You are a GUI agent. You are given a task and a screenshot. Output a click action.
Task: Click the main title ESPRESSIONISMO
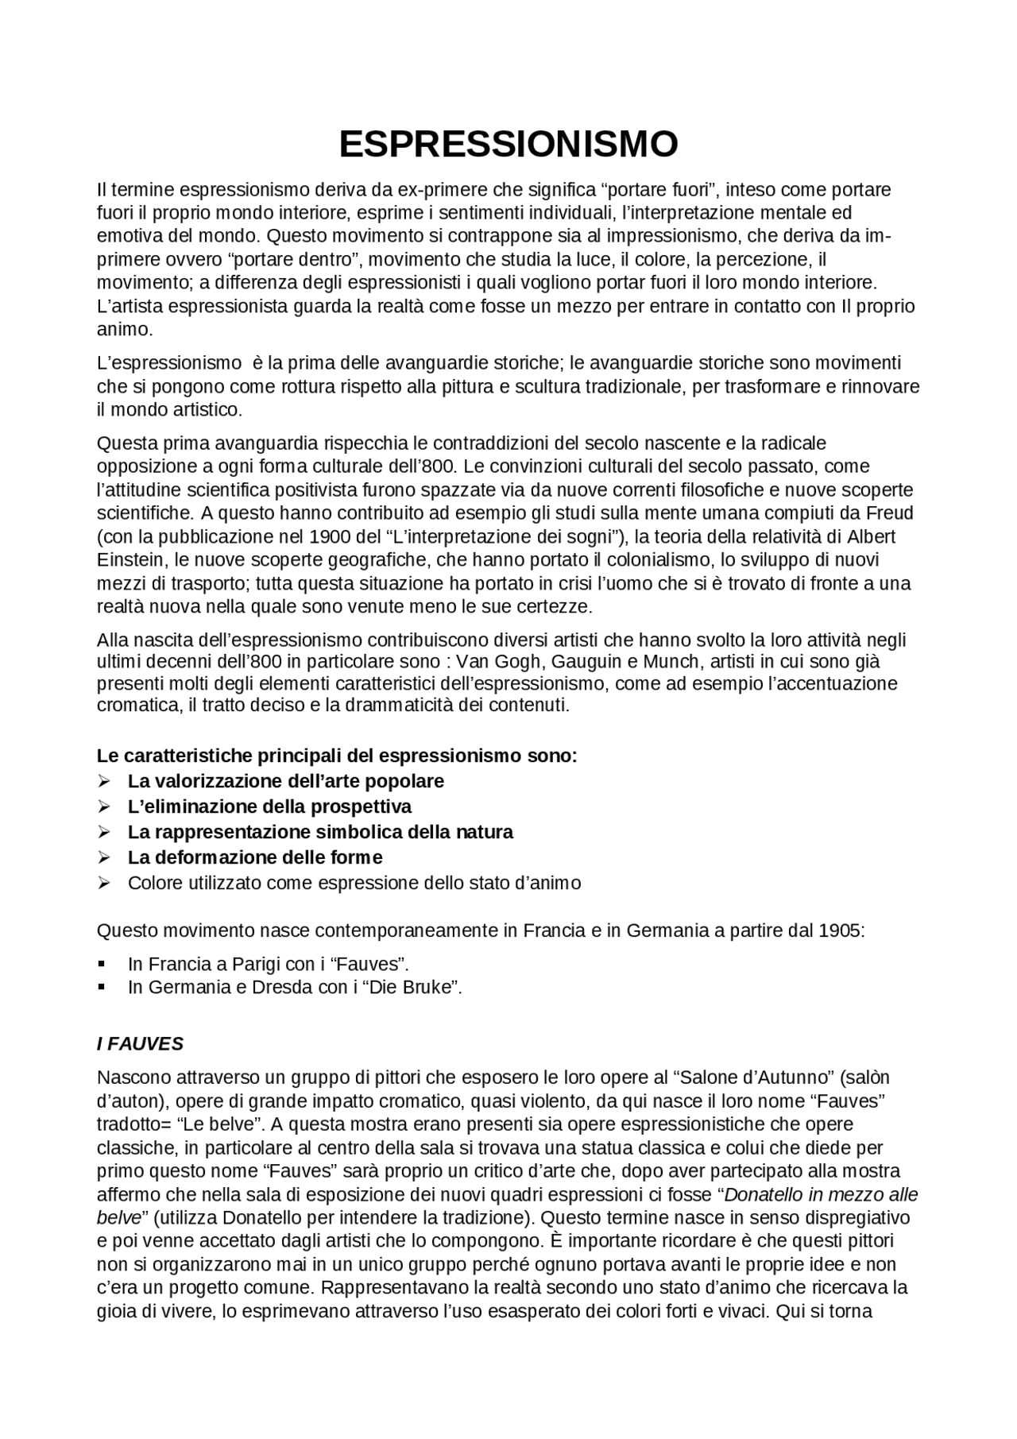(x=508, y=144)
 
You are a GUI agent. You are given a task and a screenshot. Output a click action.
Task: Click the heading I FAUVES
(x=140, y=1043)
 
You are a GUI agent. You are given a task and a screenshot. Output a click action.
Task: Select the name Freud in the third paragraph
(x=891, y=513)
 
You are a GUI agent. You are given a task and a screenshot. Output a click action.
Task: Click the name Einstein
(x=126, y=559)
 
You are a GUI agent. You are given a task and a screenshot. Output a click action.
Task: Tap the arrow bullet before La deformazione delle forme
(x=103, y=857)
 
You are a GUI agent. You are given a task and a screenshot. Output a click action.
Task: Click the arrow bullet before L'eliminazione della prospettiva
(x=103, y=807)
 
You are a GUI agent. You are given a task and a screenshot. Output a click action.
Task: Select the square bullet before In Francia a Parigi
(x=102, y=964)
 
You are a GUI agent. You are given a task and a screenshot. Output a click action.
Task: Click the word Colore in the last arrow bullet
(x=154, y=883)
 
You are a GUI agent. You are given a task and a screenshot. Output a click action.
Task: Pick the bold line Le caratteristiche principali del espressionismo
(x=337, y=755)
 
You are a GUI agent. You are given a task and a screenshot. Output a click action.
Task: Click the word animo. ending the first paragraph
(x=125, y=329)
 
